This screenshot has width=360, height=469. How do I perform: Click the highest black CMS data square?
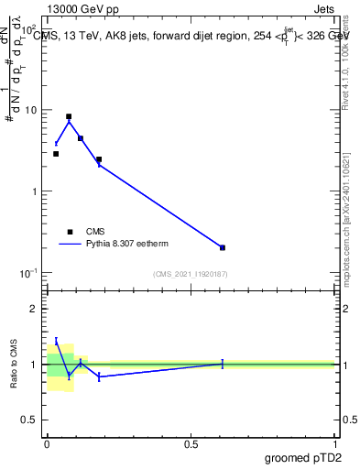pos(69,117)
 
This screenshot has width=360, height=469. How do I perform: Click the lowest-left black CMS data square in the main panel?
pos(56,154)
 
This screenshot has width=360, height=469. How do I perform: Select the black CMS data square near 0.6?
pos(223,247)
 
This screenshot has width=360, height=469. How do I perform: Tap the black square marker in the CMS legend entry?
pos(70,233)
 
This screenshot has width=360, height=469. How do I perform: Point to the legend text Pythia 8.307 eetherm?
pos(127,245)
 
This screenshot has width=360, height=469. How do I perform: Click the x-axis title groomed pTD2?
pos(303,458)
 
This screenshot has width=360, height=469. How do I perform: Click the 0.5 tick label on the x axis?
pos(191,444)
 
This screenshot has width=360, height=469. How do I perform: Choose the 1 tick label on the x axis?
pos(335,444)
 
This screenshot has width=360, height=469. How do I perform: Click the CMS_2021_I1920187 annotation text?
pos(191,274)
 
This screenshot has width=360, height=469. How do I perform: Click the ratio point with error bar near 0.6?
pos(223,364)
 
